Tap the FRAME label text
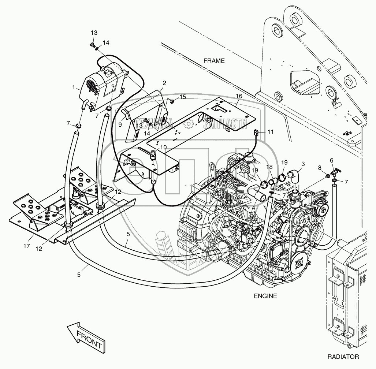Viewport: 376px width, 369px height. pos(214,61)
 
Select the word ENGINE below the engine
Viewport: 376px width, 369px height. pos(265,296)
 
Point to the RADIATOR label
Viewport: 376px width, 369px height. pos(343,356)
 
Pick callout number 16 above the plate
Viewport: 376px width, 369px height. pos(239,96)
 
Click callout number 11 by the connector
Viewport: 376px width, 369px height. pos(270,131)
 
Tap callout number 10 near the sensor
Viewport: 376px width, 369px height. pos(163,147)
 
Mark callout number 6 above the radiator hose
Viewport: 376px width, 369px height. pos(331,160)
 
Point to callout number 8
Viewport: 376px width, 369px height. pos(319,167)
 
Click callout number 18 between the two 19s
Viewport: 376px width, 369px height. pos(270,167)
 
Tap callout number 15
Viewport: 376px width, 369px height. pos(182,97)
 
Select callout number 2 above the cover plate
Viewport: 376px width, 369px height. pos(164,83)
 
